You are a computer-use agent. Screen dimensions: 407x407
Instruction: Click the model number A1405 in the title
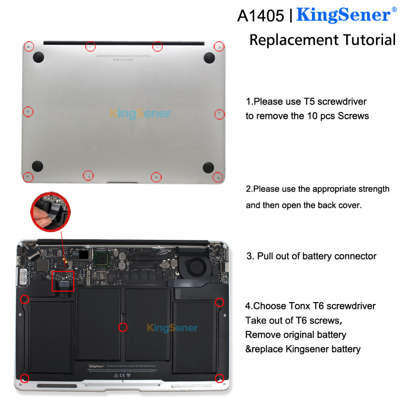click(x=260, y=15)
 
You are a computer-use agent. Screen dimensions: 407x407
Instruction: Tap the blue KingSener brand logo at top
click(x=344, y=15)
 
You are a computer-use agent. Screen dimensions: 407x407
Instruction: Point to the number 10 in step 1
click(x=312, y=116)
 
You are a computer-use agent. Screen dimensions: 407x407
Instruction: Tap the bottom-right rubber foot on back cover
click(x=208, y=167)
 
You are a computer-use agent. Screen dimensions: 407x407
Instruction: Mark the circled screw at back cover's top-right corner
click(x=219, y=46)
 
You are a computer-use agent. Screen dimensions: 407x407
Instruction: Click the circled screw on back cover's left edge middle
click(x=28, y=112)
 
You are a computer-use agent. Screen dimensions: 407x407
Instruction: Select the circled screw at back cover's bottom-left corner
click(x=28, y=177)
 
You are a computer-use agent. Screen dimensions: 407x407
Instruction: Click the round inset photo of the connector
click(x=50, y=209)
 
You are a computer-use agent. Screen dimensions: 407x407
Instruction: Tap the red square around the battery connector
click(x=63, y=281)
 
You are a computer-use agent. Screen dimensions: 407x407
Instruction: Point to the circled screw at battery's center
click(x=123, y=328)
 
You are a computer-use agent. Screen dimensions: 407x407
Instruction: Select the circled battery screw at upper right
click(x=219, y=302)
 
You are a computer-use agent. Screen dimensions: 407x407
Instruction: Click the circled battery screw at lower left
click(x=25, y=379)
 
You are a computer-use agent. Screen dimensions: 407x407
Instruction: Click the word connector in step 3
click(x=353, y=256)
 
